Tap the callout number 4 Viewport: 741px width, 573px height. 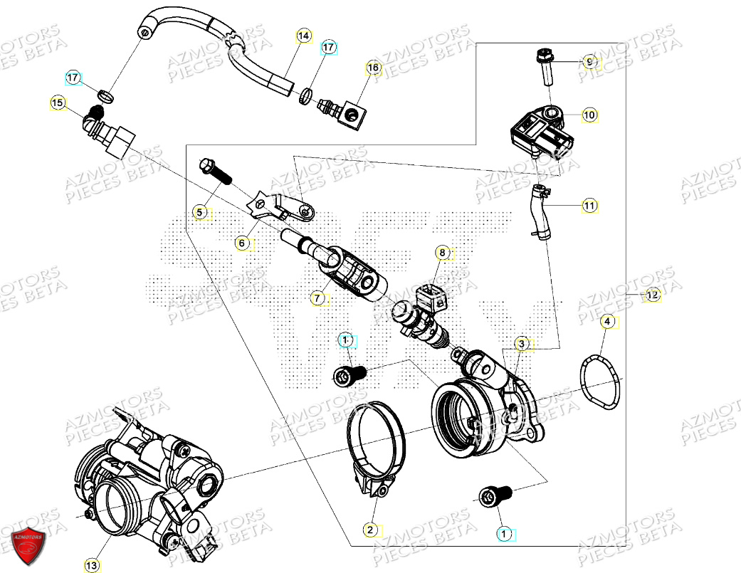606,322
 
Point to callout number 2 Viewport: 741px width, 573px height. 370,530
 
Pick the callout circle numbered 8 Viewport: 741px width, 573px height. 442,252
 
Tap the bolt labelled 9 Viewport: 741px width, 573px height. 546,65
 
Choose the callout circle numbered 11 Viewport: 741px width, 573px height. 589,206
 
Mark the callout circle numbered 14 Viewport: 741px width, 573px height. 304,36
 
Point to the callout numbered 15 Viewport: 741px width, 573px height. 58,104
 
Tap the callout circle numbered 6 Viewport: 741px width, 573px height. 242,243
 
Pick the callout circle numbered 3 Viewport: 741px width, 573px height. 522,345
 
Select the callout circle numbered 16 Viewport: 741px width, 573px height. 374,68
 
